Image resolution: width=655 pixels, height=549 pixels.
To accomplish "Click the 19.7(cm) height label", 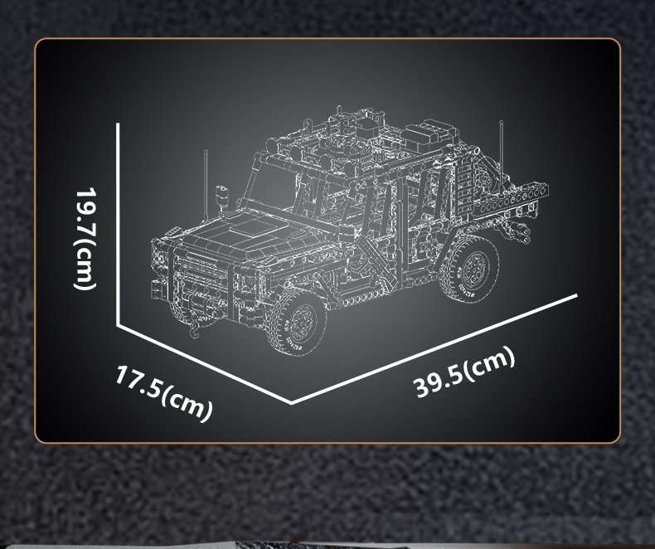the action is coord(86,238).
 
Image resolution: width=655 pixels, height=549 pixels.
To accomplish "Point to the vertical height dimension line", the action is coord(119,224).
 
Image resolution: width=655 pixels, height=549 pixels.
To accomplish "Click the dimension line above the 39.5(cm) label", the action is coord(434,349).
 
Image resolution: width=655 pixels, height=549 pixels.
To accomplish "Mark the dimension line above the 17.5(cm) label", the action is coord(204,363).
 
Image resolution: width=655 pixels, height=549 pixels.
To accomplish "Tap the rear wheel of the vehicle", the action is coord(470,268).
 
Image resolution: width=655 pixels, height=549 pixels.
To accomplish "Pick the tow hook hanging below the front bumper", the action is coord(196,328).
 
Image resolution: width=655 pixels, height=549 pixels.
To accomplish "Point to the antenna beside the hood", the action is coord(206,184).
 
